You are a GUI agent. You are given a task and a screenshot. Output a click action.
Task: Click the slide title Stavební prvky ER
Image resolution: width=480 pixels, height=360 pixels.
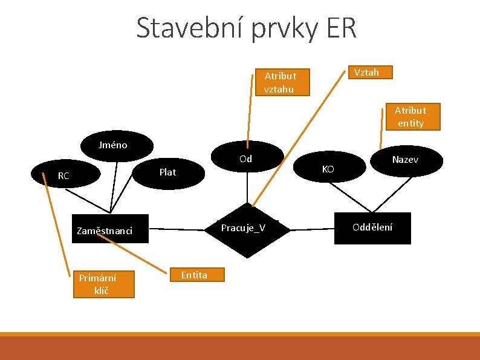246,28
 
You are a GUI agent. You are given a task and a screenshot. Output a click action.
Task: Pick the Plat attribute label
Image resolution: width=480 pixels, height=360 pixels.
167,172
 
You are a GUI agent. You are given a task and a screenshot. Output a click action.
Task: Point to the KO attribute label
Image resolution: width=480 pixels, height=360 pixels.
328,169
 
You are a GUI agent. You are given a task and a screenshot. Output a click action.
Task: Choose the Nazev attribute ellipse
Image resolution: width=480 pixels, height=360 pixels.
404,160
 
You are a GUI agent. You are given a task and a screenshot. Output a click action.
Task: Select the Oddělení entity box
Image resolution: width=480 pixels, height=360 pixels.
373,228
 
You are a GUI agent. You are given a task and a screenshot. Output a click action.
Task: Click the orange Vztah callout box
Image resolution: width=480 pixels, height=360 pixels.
367,73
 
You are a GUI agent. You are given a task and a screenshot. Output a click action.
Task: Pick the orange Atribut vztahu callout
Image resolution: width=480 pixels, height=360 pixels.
279,83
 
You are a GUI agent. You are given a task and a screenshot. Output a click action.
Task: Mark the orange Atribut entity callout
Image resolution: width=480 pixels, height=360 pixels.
410,117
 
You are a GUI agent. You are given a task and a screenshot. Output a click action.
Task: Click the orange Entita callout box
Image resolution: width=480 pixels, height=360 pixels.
194,275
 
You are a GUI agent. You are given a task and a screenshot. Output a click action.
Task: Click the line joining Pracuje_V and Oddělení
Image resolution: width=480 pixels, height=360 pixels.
311,229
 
